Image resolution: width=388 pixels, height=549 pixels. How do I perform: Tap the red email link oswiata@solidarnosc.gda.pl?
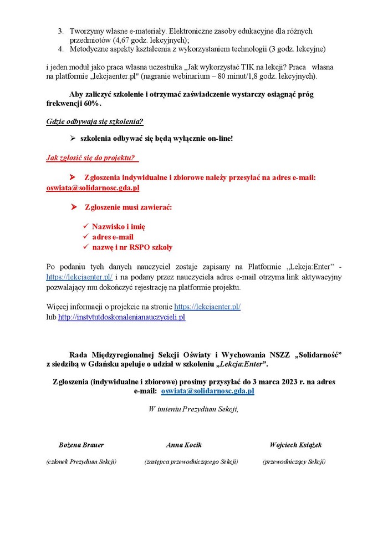click(x=93, y=188)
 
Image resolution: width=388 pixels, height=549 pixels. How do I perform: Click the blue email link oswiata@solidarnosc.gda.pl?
click(x=207, y=391)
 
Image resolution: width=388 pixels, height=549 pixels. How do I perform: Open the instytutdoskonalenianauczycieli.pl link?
click(x=121, y=317)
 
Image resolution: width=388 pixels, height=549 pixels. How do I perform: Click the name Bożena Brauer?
click(x=81, y=445)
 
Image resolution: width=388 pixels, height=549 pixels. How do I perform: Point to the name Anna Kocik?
click(x=184, y=445)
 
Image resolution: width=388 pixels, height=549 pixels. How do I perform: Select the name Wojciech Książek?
click(x=295, y=445)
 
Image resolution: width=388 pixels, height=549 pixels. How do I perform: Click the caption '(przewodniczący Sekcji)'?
click(x=294, y=461)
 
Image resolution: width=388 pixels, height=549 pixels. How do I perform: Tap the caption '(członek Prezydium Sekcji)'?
click(x=81, y=461)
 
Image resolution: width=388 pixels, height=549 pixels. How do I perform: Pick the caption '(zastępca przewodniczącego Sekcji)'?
click(x=191, y=461)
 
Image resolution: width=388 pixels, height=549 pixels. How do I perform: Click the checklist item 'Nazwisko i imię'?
click(x=119, y=226)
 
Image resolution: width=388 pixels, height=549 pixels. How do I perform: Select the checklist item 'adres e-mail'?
click(x=113, y=237)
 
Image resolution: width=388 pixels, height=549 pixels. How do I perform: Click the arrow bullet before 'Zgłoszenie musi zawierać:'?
click(x=73, y=207)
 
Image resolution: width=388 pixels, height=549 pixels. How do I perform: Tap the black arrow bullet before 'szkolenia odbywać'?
click(x=73, y=138)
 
